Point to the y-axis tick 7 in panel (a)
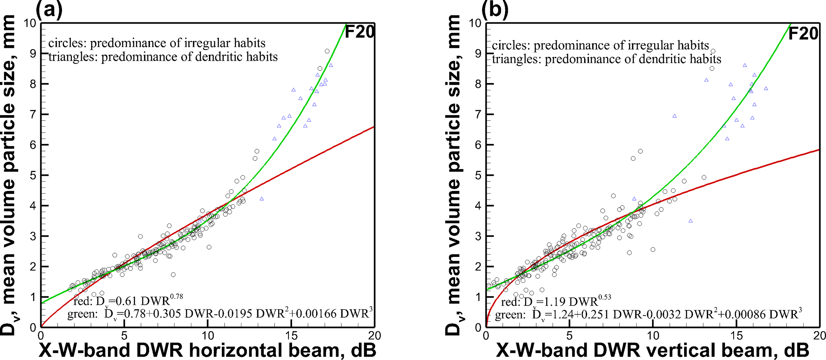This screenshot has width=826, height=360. coord(33,114)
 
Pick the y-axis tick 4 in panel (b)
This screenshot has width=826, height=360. coord(478,206)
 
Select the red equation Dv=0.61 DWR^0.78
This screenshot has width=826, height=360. coord(128,300)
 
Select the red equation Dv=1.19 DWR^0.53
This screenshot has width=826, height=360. coord(556,301)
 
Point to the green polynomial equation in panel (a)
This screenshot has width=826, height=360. coord(220,314)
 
